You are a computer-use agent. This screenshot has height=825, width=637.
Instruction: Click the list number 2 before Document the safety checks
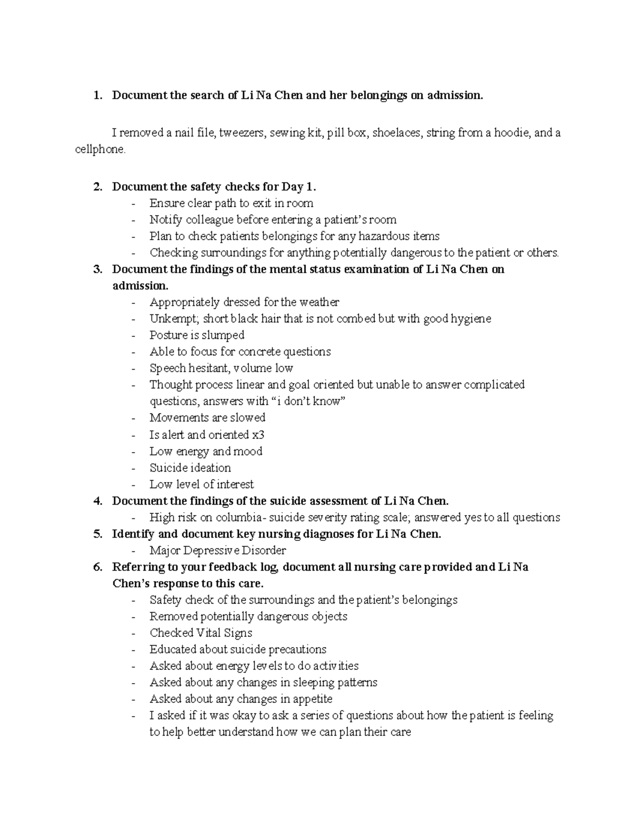[97, 187]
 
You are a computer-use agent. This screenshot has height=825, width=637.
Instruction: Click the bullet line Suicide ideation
[190, 468]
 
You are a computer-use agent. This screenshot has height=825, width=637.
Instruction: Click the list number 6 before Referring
[97, 567]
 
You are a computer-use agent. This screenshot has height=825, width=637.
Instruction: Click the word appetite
[312, 699]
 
